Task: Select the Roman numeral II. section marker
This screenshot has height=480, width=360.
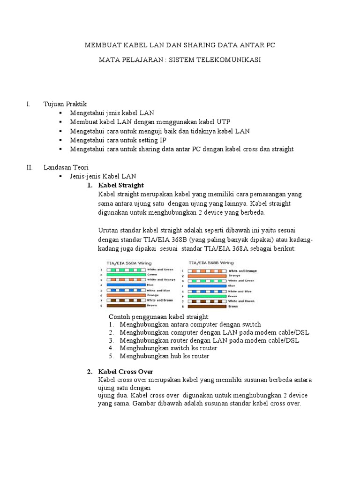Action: pyautogui.click(x=29, y=167)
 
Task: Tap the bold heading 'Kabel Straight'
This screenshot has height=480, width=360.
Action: pyautogui.click(x=121, y=185)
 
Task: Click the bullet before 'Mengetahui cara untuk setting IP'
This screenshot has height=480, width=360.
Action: pyautogui.click(x=61, y=140)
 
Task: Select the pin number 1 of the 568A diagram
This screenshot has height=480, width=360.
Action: pyautogui.click(x=101, y=270)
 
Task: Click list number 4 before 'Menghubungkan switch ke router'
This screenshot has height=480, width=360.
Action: pyautogui.click(x=111, y=348)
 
